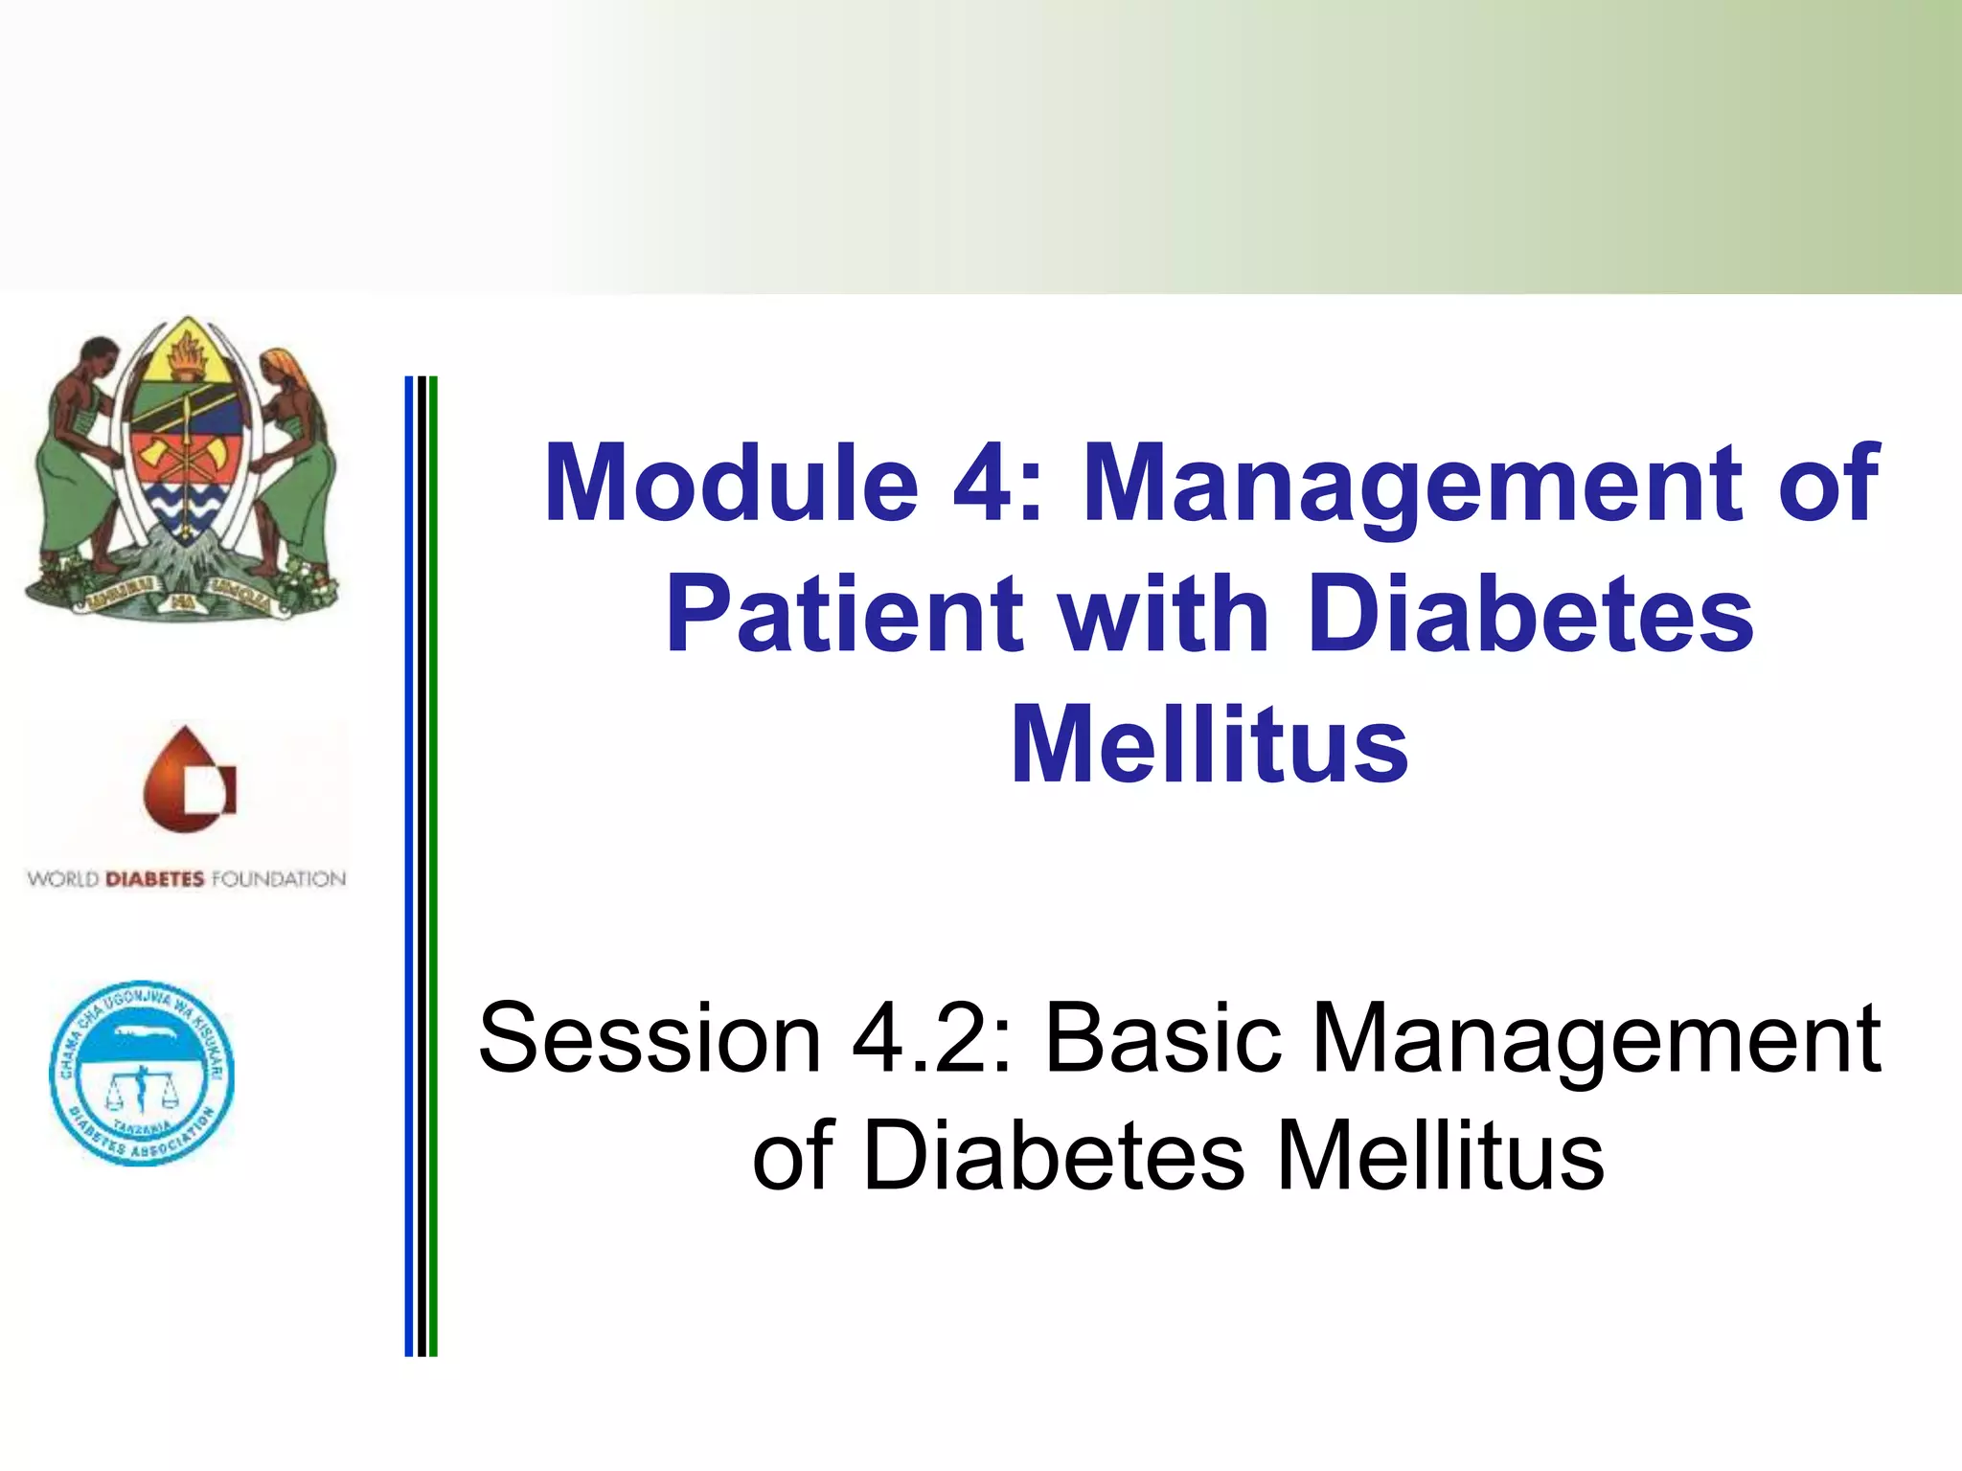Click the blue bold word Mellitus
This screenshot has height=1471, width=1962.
pyautogui.click(x=1209, y=744)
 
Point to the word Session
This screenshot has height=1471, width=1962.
pyautogui.click(x=650, y=1039)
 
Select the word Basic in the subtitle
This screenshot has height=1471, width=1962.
pyautogui.click(x=1162, y=1039)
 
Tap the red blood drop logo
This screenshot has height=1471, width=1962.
pyautogui.click(x=188, y=779)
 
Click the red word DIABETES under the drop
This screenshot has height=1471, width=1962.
pyautogui.click(x=154, y=879)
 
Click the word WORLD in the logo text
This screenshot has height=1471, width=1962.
pyautogui.click(x=62, y=879)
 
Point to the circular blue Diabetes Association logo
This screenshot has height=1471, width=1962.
pyautogui.click(x=142, y=1074)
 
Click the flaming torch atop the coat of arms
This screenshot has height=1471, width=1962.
pyautogui.click(x=188, y=354)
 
